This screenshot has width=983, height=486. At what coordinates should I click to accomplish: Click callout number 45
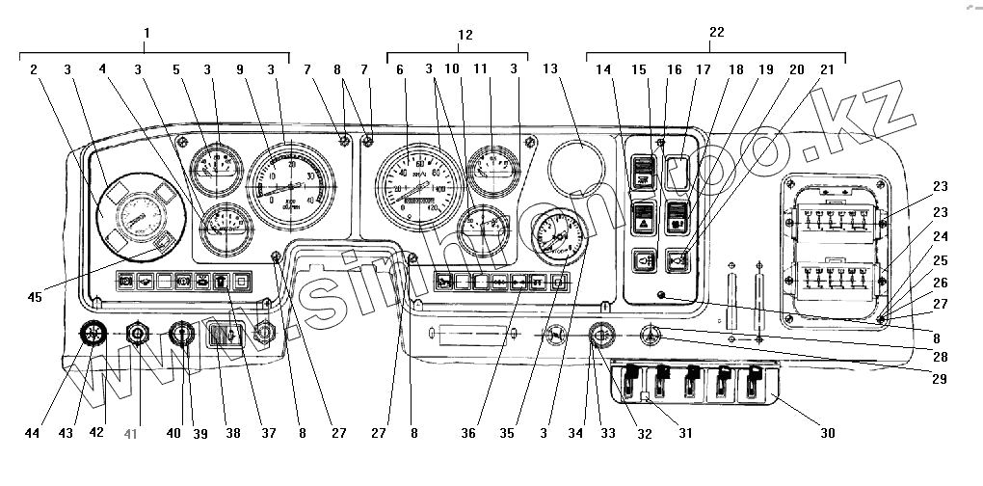click(35, 297)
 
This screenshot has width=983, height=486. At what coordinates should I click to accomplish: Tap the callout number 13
click(550, 70)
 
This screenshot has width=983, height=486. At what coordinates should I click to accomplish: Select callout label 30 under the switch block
click(827, 434)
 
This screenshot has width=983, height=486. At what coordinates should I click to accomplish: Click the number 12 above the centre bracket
click(465, 35)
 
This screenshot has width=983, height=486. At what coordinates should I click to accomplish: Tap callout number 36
click(468, 434)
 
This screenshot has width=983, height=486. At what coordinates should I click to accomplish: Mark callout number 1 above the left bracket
click(146, 32)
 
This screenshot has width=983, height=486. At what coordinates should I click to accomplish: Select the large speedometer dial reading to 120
click(419, 181)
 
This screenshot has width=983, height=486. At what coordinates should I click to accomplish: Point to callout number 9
click(240, 70)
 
